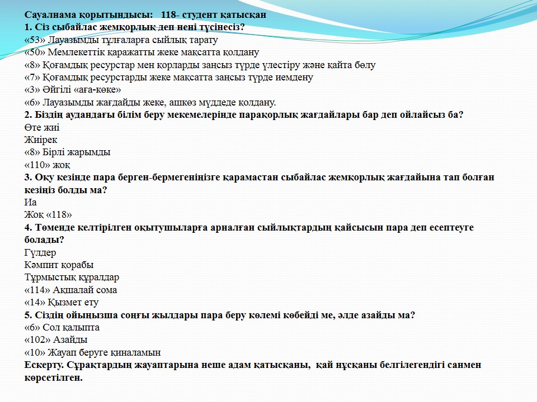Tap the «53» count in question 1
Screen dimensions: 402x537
tap(35, 40)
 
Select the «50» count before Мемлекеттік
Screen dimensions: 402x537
tap(35, 52)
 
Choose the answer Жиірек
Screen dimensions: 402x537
tap(41, 140)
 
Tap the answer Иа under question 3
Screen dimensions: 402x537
tap(30, 202)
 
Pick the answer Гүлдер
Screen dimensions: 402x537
tap(40, 252)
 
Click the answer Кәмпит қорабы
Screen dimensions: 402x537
tap(59, 265)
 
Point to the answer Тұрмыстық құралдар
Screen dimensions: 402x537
tap(72, 277)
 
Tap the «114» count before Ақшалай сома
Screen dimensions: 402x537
tap(38, 290)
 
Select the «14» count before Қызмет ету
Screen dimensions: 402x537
tap(35, 302)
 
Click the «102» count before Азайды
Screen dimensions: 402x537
tap(38, 339)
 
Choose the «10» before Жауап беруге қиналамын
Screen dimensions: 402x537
tap(35, 352)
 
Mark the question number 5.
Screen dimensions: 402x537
tap(28, 315)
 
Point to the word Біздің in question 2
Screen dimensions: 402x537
tap(49, 115)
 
